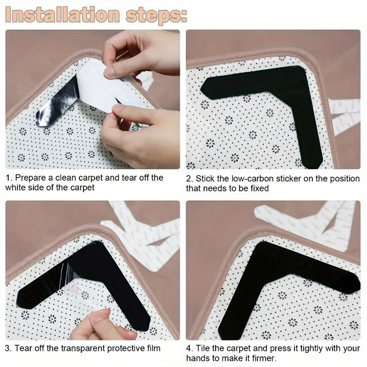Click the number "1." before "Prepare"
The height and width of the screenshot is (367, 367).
click(x=9, y=178)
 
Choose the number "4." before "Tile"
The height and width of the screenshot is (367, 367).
click(x=189, y=349)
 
